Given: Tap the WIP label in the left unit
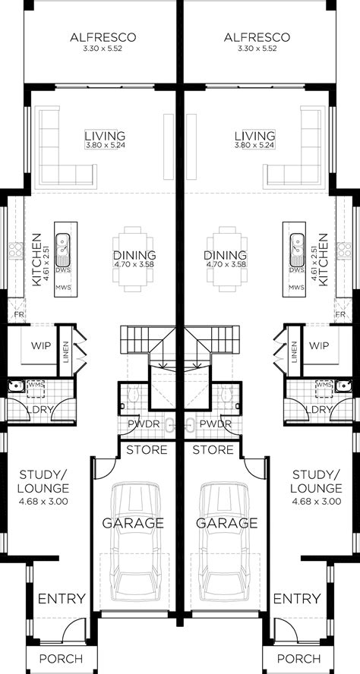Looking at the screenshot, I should (40, 345).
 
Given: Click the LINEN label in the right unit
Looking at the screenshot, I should (293, 352).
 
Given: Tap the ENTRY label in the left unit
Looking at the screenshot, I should (62, 599).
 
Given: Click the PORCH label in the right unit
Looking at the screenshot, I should (297, 658).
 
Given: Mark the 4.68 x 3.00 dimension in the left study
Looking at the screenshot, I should (42, 501).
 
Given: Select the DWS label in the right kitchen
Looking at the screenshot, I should (295, 269).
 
